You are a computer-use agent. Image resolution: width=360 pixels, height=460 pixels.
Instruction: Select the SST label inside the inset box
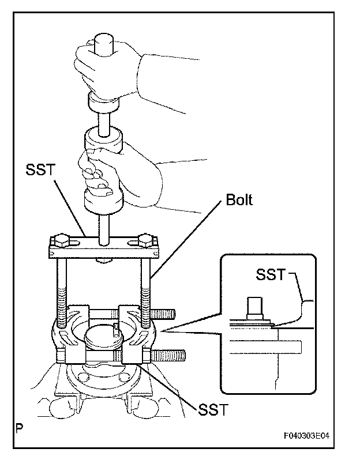pos(271,274)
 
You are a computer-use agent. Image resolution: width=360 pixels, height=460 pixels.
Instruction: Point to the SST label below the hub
pos(213,410)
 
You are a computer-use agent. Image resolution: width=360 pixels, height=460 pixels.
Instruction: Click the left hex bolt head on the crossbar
pos(61,240)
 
